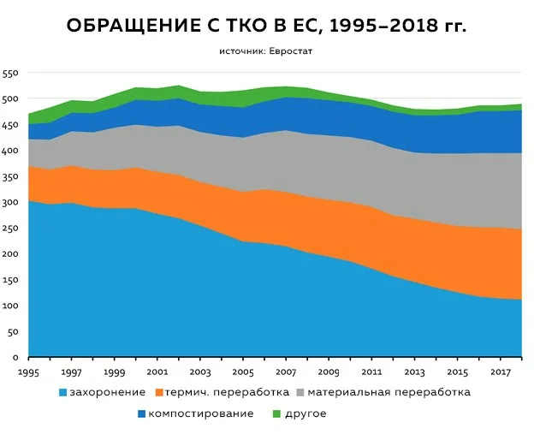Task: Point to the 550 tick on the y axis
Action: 9,74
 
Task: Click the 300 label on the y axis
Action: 9,202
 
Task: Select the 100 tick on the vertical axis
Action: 9,306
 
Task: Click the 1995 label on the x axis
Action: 29,373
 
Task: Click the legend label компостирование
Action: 201,414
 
